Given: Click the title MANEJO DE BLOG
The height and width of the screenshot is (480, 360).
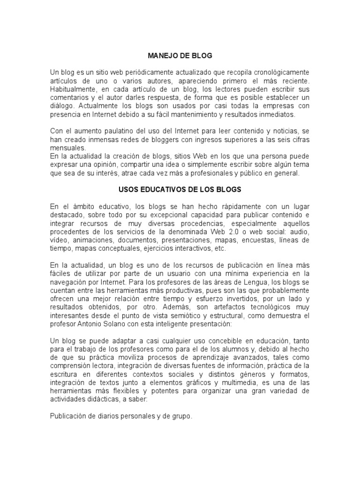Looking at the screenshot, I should [180, 56].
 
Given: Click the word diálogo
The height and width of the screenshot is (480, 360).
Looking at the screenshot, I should [62, 105].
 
